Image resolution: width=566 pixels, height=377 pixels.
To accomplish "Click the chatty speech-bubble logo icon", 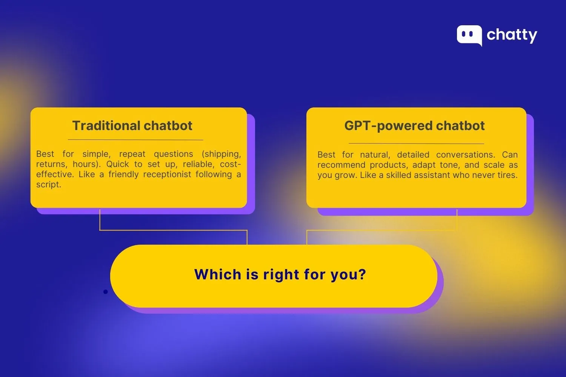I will [469, 35].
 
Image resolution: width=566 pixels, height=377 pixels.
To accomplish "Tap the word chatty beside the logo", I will [512, 35].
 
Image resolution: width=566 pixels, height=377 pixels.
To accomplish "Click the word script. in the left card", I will [48, 185].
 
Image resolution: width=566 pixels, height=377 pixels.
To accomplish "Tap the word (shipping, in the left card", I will [221, 154].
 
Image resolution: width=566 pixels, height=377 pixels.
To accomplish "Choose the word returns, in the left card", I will [50, 164].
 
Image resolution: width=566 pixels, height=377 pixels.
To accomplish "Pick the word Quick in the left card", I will [118, 164].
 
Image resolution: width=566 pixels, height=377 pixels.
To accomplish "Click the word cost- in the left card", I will [230, 164].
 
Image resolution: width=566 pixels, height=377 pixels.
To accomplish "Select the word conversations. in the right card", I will [466, 155].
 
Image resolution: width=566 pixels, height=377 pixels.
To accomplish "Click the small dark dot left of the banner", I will [105, 291].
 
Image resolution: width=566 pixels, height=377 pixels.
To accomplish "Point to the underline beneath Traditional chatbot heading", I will [135, 140].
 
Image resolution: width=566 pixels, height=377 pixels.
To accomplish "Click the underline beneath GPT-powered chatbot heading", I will [416, 143].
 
